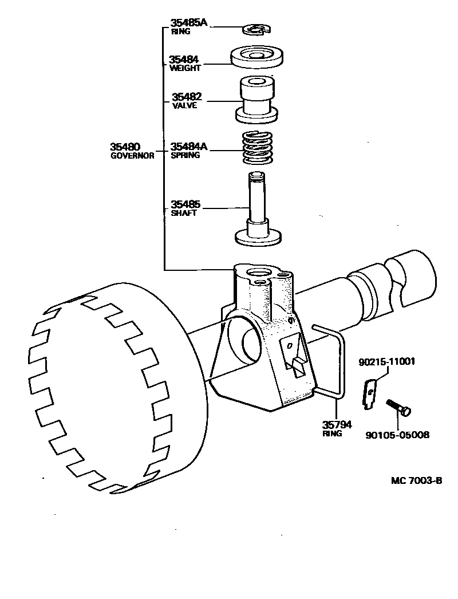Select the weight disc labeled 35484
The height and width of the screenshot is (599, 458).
(x=258, y=58)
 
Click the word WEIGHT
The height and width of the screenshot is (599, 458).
(x=185, y=68)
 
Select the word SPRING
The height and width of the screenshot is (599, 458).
(x=185, y=155)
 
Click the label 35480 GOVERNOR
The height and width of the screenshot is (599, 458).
(x=132, y=151)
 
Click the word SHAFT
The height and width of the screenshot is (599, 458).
(x=183, y=213)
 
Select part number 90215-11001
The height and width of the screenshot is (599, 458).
(x=386, y=362)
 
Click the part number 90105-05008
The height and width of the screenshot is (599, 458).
(x=397, y=435)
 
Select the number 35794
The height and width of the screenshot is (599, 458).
(x=336, y=425)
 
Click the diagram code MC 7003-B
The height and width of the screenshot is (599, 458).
(x=409, y=480)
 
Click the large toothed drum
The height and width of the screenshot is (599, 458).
(x=109, y=389)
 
